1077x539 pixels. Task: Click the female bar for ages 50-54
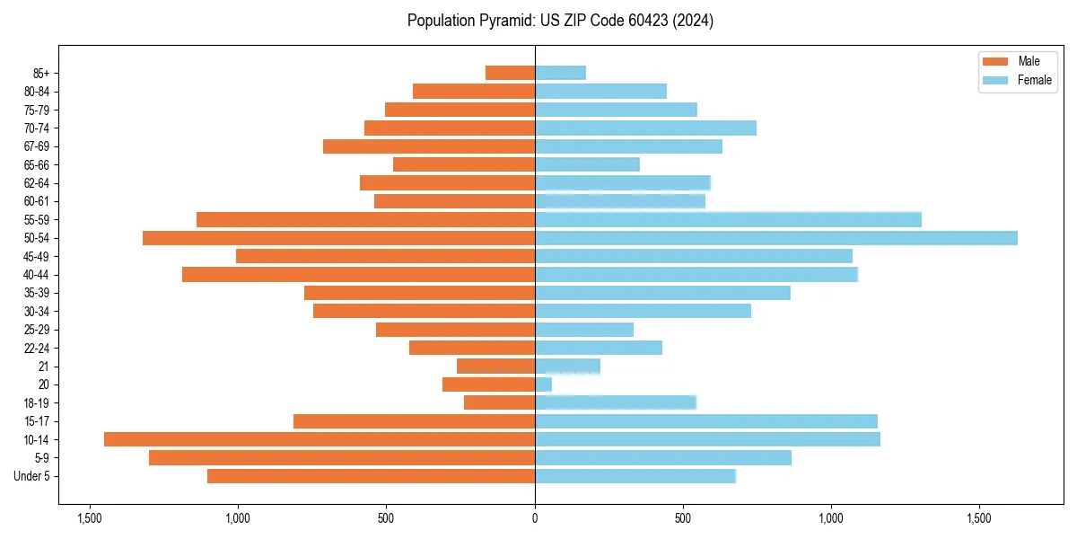point(776,238)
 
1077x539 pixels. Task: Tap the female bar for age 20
point(544,384)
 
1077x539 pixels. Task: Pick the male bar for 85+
point(511,73)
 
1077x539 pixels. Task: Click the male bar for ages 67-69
point(429,146)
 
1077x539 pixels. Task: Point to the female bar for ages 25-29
point(584,330)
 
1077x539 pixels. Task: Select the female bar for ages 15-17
point(706,421)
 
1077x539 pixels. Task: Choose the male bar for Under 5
point(372,476)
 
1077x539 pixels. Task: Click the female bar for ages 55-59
point(728,219)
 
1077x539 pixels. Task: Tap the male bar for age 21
point(496,367)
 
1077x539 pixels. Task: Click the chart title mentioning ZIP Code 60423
point(560,21)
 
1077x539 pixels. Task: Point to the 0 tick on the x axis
point(535,518)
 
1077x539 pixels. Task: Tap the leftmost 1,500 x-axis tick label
point(89,518)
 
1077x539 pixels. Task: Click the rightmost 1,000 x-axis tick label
point(831,518)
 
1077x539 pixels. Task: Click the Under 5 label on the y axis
point(32,476)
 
